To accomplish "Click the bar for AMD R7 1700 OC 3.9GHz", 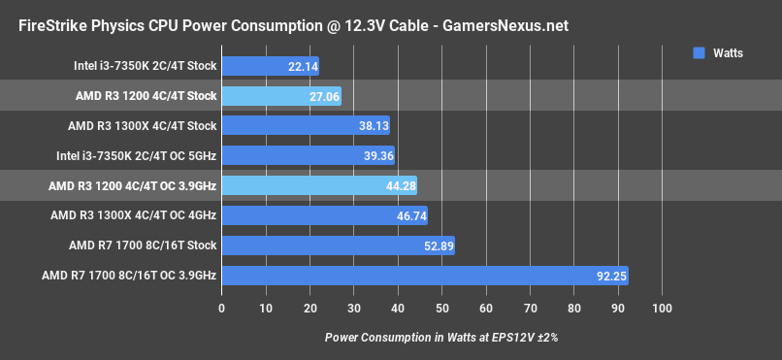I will pyautogui.click(x=424, y=276).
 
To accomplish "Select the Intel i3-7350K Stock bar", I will pyautogui.click(x=270, y=66).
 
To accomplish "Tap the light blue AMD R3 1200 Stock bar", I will pyautogui.click(x=281, y=96).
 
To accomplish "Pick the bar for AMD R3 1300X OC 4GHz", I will pyautogui.click(x=324, y=215).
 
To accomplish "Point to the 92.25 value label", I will pyautogui.click(x=610, y=276).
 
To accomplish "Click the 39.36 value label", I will pyautogui.click(x=375, y=156).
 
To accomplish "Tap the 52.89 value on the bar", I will pyautogui.click(x=436, y=245).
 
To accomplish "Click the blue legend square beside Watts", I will pyautogui.click(x=699, y=53).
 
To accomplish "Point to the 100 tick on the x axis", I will pyautogui.click(x=662, y=309).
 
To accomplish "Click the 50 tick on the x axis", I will pyautogui.click(x=441, y=309).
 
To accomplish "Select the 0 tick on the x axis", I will pyautogui.click(x=222, y=309).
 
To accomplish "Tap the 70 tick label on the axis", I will pyautogui.click(x=530, y=309).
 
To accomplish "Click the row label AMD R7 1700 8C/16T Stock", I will pyautogui.click(x=142, y=245).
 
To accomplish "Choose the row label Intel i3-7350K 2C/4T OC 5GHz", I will pyautogui.click(x=135, y=156).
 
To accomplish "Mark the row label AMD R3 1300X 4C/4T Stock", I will pyautogui.click(x=142, y=126).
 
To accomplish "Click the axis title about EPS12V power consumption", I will pyautogui.click(x=441, y=337).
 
